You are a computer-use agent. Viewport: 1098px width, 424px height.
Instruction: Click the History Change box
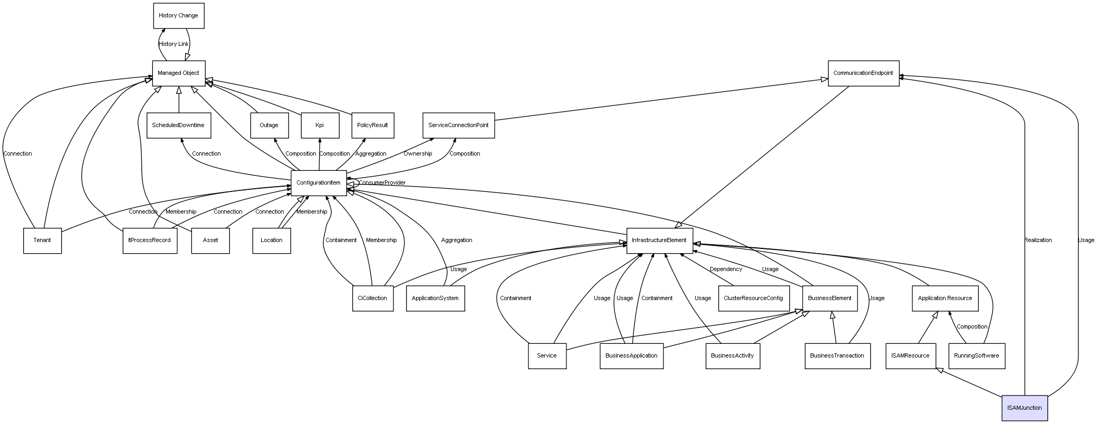(x=178, y=16)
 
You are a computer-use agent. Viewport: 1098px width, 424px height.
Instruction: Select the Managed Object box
(x=178, y=73)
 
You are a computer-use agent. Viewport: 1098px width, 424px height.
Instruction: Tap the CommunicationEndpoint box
(x=863, y=73)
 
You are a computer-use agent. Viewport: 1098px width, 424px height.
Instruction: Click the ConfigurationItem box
(x=319, y=183)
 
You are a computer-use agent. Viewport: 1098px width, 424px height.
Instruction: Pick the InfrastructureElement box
(x=659, y=240)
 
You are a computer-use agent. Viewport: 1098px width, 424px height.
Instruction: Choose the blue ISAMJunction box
(x=1024, y=408)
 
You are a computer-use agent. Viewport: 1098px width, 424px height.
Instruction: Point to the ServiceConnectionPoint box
(x=458, y=126)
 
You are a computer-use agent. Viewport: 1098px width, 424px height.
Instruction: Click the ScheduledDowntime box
(x=178, y=126)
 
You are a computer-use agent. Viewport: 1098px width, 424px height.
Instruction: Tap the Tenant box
(x=42, y=240)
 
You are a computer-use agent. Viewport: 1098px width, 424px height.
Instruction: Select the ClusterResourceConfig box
(x=753, y=298)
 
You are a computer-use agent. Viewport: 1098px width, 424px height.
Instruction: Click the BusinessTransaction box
(x=837, y=356)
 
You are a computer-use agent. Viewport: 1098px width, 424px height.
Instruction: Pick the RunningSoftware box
(x=976, y=356)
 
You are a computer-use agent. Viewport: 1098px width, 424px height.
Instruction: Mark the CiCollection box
(x=372, y=298)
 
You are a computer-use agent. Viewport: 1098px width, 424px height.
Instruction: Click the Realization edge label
(x=1038, y=240)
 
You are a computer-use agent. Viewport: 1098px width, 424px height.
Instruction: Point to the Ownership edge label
(x=418, y=154)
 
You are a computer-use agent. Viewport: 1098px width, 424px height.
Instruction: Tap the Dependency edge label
(x=726, y=269)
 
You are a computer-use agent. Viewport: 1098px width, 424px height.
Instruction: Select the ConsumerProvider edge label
(x=382, y=183)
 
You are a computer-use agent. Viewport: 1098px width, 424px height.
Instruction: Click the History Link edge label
(x=174, y=44)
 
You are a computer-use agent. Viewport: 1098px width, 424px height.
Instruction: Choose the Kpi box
(x=320, y=126)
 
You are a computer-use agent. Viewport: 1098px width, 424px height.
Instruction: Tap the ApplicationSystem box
(x=435, y=298)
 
